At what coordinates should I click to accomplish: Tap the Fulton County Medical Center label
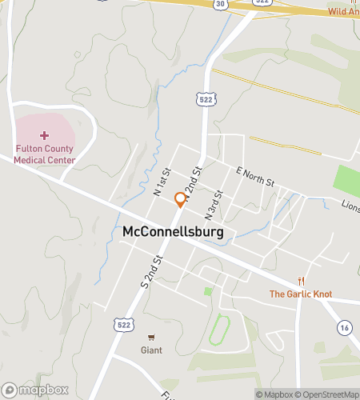pos(44,154)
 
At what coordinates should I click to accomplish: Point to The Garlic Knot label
pos(300,294)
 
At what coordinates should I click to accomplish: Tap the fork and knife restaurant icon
pos(301,281)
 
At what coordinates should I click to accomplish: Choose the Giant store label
pos(151,350)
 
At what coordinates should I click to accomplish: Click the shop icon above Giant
pos(151,338)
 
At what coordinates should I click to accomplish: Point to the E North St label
pos(255,177)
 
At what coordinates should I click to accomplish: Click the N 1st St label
pos(162,182)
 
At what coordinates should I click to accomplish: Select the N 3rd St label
pos(212,206)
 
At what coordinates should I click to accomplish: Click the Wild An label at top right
pos(343,12)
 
